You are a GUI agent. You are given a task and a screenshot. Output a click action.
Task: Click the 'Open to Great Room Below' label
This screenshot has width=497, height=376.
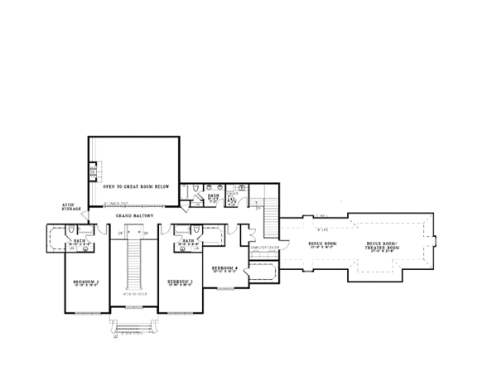(x=137, y=187)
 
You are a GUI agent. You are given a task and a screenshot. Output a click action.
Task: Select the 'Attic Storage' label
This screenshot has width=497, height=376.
(x=70, y=208)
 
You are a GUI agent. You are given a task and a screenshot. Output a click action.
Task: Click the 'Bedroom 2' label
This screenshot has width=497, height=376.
(x=86, y=282)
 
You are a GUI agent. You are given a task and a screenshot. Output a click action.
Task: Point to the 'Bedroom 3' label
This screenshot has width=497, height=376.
(x=180, y=282)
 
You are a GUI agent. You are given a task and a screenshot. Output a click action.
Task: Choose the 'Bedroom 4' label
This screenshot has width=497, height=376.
(x=224, y=268)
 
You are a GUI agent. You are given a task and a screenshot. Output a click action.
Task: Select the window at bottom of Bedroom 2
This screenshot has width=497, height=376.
(x=86, y=313)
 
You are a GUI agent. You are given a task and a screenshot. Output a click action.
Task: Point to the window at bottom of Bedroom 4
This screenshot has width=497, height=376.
(x=225, y=288)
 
